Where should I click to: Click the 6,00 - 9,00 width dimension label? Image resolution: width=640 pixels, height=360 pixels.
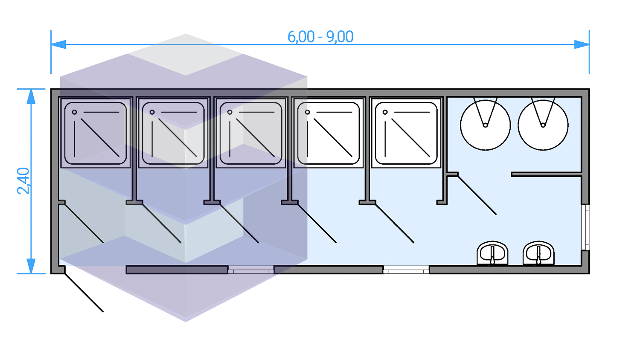[320, 37]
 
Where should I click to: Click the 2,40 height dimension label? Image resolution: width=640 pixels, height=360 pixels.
[23, 181]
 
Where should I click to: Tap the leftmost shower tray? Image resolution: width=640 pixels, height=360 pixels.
[96, 133]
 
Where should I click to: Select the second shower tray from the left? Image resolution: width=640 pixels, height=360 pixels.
[173, 133]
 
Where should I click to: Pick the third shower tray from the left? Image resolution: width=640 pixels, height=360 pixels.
[251, 133]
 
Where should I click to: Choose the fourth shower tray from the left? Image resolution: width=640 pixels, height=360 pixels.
[329, 133]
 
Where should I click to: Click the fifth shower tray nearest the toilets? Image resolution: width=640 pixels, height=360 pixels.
[406, 133]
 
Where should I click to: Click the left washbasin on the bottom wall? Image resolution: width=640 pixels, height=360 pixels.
[492, 253]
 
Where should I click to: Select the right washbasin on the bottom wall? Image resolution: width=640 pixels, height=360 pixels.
[538, 253]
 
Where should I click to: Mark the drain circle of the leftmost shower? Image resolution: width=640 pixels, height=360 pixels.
[75, 112]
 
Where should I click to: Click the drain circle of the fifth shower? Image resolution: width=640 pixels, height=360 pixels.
[385, 112]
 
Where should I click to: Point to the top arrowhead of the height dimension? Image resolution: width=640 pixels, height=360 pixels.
[31, 97]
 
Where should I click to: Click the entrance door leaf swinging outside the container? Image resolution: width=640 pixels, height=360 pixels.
[84, 293]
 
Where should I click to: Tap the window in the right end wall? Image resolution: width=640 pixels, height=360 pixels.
[587, 227]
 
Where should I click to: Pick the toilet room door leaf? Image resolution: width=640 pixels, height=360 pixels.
[477, 195]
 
